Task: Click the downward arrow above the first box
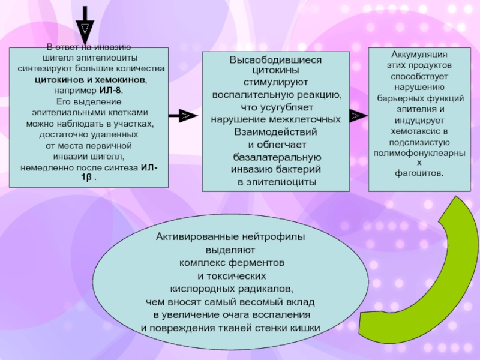click(85, 26)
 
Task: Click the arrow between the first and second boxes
click(183, 116)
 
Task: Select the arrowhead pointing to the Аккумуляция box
click(358, 116)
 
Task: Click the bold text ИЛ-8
click(110, 91)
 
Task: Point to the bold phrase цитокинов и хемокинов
click(90, 80)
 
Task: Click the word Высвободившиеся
click(275, 59)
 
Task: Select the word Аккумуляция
click(419, 54)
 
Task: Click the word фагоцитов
click(418, 173)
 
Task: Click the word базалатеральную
click(277, 157)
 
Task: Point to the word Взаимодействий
click(275, 132)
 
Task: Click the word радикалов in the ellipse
click(265, 289)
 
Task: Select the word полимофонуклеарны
click(419, 154)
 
